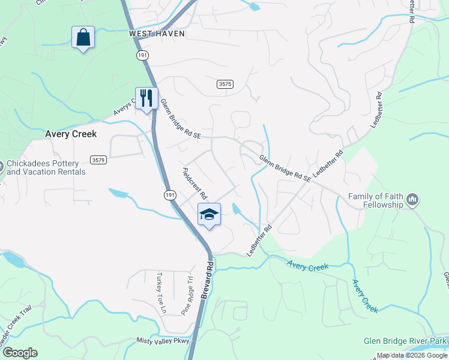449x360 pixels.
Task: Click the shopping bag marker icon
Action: [x=83, y=38]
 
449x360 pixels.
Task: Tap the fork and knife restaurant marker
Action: [x=146, y=98]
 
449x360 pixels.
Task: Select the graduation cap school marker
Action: [x=209, y=214]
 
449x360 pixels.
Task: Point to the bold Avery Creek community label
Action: [x=71, y=134]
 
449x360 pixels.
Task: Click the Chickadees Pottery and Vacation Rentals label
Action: [x=46, y=167]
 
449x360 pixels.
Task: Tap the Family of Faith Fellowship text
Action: [x=376, y=200]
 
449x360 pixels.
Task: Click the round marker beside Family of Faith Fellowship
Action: [x=412, y=199]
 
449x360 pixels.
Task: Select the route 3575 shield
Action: [x=224, y=85]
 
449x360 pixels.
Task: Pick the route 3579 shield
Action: [x=98, y=160]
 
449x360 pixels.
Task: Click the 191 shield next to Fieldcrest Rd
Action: [x=170, y=195]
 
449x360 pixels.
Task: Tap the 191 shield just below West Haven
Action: [x=142, y=54]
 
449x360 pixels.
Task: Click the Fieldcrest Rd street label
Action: [x=194, y=184]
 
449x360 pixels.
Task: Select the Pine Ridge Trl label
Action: [x=187, y=296]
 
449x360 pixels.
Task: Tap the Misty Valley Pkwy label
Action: [x=163, y=341]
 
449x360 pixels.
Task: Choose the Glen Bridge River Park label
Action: [x=406, y=341]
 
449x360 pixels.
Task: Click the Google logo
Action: [x=20, y=353]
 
